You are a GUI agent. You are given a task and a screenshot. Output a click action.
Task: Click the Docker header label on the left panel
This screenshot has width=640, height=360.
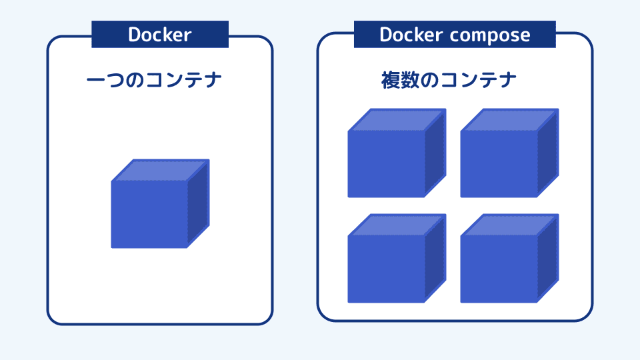click(160, 35)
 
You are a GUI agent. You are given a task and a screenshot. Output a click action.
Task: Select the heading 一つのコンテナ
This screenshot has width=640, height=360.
click(155, 81)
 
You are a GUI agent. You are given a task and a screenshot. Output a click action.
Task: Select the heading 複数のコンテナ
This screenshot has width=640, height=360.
click(449, 81)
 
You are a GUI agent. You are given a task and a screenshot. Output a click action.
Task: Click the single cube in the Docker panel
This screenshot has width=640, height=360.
click(160, 203)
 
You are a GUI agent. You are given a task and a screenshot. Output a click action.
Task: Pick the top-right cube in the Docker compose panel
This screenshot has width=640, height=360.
click(509, 153)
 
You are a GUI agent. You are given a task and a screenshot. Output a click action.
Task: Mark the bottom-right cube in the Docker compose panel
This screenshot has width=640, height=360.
click(509, 259)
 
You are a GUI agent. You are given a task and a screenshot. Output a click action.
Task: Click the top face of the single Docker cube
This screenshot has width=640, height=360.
click(161, 170)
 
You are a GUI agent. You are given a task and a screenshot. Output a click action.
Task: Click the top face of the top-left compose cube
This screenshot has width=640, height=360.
click(397, 120)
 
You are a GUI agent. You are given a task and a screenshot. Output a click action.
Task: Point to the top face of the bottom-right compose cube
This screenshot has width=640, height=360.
click(510, 225)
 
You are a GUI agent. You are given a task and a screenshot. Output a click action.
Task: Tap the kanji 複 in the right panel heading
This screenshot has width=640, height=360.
click(389, 81)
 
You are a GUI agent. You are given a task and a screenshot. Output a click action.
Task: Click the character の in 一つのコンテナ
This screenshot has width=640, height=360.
click(134, 81)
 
